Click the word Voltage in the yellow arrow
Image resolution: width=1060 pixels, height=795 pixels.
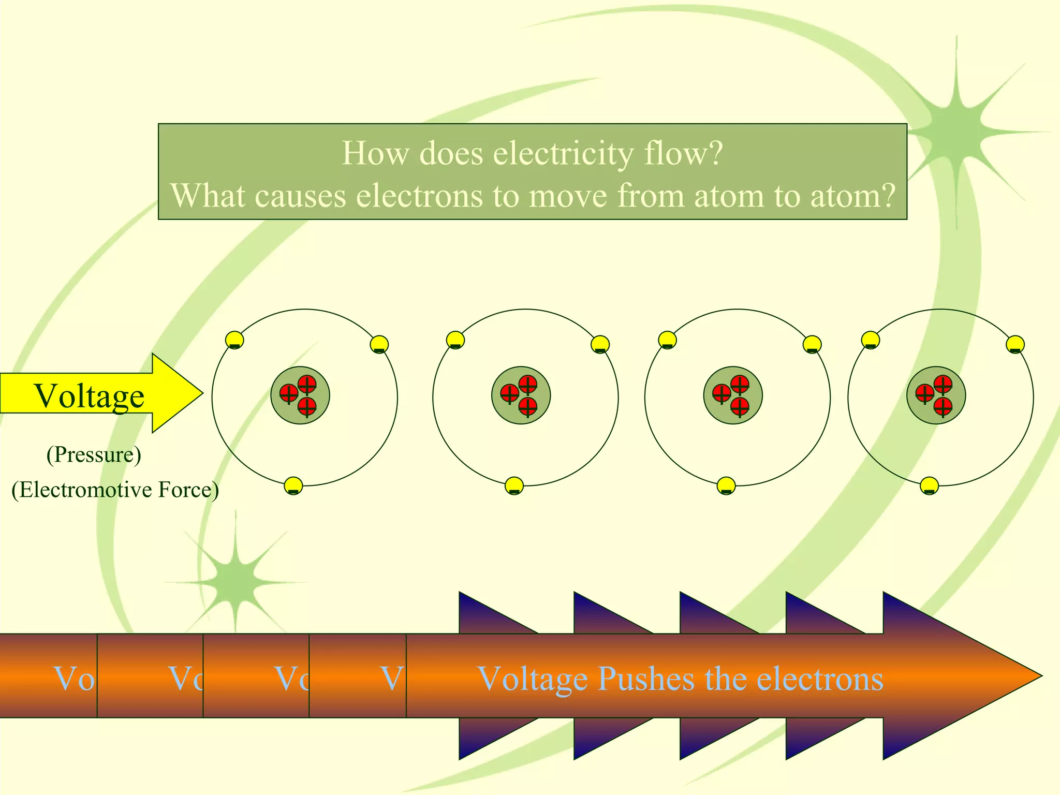click(89, 396)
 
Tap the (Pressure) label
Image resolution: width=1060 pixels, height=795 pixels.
click(94, 455)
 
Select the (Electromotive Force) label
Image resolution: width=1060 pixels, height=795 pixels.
click(115, 490)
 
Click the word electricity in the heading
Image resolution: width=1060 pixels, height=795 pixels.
click(563, 154)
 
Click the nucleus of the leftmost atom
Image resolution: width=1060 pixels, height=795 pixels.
click(300, 395)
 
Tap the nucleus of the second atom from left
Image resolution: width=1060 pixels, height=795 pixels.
click(521, 395)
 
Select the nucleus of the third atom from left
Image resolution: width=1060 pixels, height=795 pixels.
click(732, 395)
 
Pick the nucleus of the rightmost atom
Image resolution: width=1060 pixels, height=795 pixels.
click(936, 395)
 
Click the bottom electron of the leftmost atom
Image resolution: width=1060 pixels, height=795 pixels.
click(293, 486)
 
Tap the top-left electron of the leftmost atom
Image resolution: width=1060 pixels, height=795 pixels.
click(234, 340)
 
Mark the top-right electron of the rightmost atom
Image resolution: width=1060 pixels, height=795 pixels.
click(1015, 344)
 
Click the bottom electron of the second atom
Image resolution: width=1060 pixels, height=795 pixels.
click(514, 486)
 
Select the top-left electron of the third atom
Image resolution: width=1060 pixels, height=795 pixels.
click(667, 340)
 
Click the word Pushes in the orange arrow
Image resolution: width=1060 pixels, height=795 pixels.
click(645, 679)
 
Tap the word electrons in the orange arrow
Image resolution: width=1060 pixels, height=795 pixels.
click(820, 679)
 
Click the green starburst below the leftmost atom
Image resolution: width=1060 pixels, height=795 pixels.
click(235, 582)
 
